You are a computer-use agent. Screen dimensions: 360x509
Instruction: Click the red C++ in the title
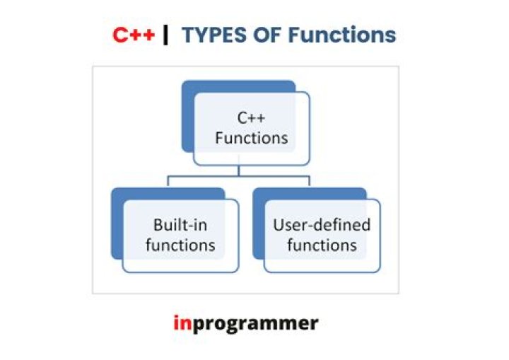coord(134,35)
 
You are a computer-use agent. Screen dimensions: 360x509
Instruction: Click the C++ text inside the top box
coord(251,118)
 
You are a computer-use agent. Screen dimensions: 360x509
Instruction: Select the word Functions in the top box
coord(251,137)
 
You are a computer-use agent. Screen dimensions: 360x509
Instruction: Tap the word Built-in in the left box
coord(180,226)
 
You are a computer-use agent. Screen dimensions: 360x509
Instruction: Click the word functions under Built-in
coord(180,245)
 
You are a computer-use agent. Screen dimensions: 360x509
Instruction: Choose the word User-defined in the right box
coord(322,226)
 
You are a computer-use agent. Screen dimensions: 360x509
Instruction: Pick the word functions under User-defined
coord(322,245)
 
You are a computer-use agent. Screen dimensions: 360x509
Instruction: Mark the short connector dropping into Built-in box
coord(168,181)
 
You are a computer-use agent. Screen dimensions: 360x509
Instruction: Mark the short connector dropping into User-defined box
coord(310,181)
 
